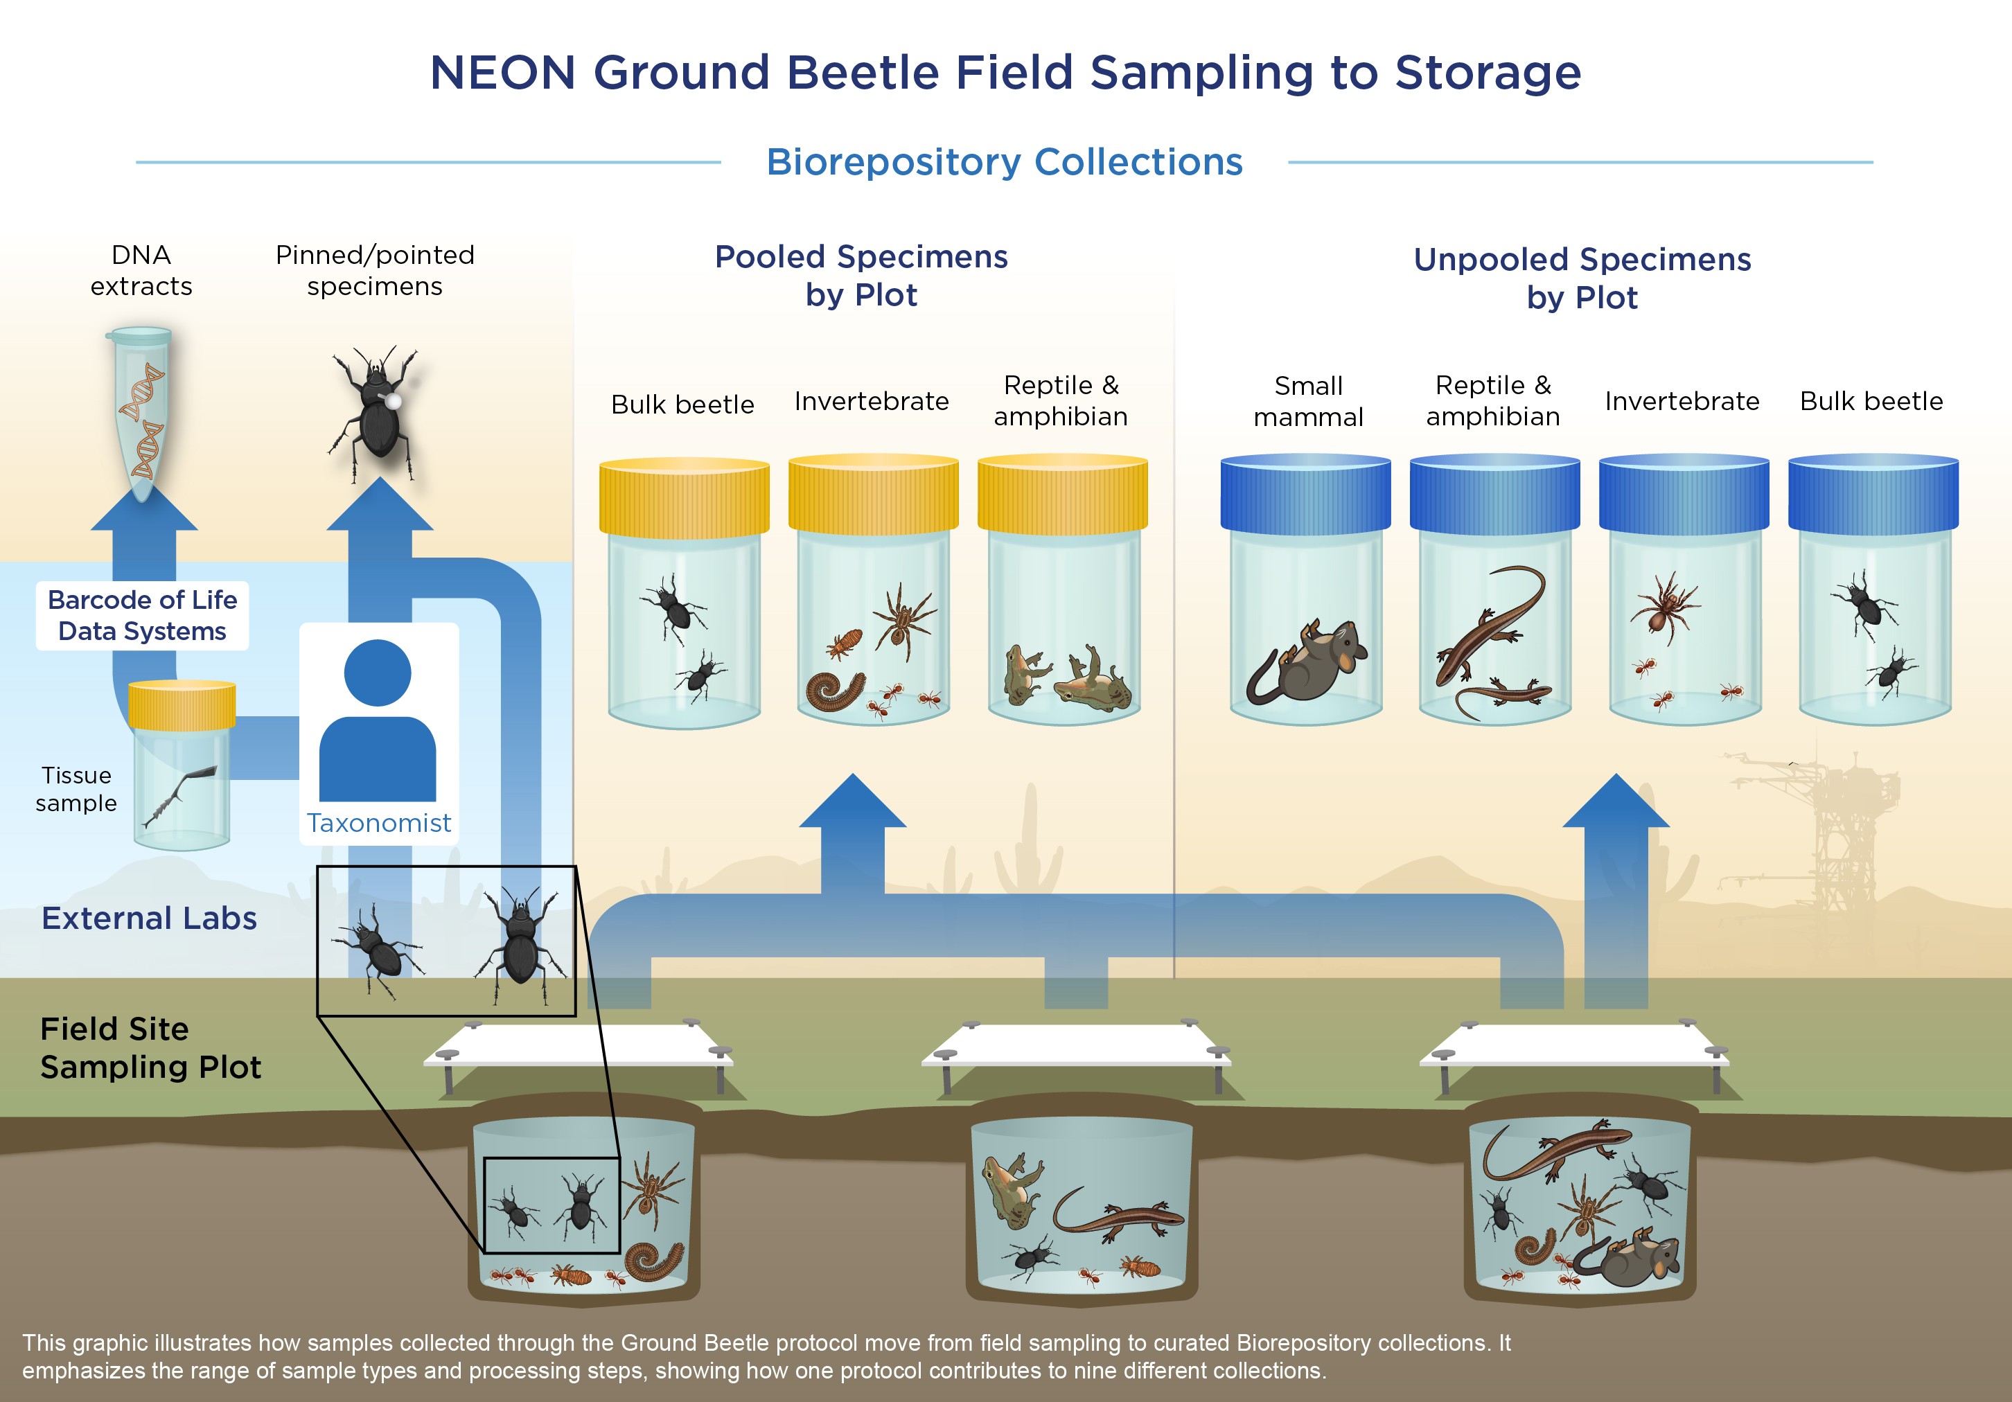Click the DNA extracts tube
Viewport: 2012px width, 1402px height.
[140, 412]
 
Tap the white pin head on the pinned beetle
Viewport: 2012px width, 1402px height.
[394, 401]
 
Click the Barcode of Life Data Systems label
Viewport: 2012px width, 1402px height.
[142, 615]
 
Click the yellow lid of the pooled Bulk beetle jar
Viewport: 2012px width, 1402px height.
[684, 496]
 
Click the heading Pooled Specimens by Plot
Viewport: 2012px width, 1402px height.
[861, 275]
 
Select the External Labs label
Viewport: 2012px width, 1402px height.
[149, 919]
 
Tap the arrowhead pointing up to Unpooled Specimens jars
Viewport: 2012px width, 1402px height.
[1616, 801]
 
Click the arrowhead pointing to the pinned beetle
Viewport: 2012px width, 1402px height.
[380, 506]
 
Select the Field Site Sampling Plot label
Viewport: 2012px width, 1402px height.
[150, 1048]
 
